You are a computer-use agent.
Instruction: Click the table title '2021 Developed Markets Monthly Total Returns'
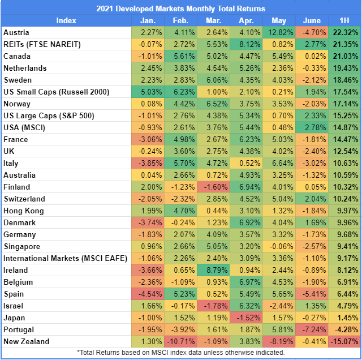pos(180,8)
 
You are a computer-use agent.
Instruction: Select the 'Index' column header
pos(66,20)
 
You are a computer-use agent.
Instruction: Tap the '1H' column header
pos(345,20)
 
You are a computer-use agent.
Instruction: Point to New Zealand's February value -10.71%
pos(180,341)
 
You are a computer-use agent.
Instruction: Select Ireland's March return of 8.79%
pos(214,270)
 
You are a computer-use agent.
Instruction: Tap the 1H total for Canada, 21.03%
pos(345,56)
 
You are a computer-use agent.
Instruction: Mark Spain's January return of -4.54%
pos(148,294)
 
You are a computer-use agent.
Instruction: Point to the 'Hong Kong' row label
pos(23,211)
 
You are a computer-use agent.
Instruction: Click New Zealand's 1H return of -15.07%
pos(344,341)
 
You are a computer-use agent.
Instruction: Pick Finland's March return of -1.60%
pos(214,187)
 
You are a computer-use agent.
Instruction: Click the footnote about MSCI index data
pos(180,353)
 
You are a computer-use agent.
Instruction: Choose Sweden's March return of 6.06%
pos(214,80)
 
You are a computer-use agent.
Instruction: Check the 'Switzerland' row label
pos(24,199)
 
